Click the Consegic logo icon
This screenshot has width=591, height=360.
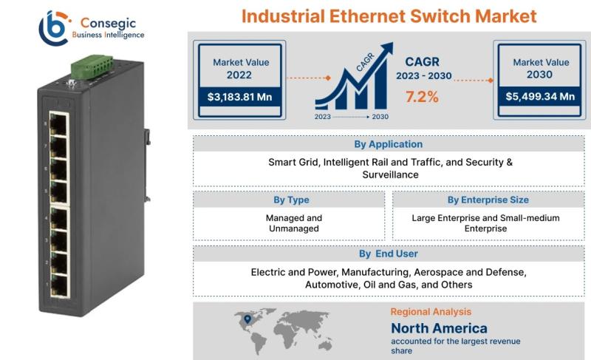54,28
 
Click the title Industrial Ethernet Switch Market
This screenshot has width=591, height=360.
389,16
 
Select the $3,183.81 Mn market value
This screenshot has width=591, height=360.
239,98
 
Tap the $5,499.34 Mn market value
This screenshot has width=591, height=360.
540,97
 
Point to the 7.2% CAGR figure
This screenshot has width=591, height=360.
422,97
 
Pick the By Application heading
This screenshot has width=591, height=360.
389,144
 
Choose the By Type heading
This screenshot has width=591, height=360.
291,200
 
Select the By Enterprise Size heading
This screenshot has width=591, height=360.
488,200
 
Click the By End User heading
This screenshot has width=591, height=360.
389,254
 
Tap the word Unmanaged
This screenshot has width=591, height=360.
294,228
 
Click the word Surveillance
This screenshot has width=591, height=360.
391,174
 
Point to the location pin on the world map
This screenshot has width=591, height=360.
247,319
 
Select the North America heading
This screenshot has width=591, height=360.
439,328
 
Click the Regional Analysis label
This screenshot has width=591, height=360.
431,312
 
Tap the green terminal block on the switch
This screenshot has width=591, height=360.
92,67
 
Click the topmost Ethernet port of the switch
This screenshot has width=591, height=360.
58,124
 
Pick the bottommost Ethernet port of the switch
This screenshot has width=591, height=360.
59,285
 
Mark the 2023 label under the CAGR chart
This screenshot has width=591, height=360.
323,117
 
